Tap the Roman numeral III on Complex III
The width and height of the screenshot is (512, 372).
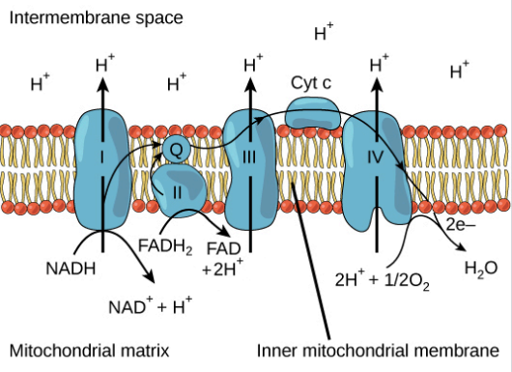click(x=250, y=155)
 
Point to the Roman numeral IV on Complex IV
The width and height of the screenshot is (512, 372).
click(x=377, y=155)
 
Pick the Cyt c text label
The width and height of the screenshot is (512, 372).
click(x=311, y=83)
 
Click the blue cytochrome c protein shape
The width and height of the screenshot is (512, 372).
click(x=312, y=115)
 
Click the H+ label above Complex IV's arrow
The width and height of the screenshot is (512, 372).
click(x=380, y=64)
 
